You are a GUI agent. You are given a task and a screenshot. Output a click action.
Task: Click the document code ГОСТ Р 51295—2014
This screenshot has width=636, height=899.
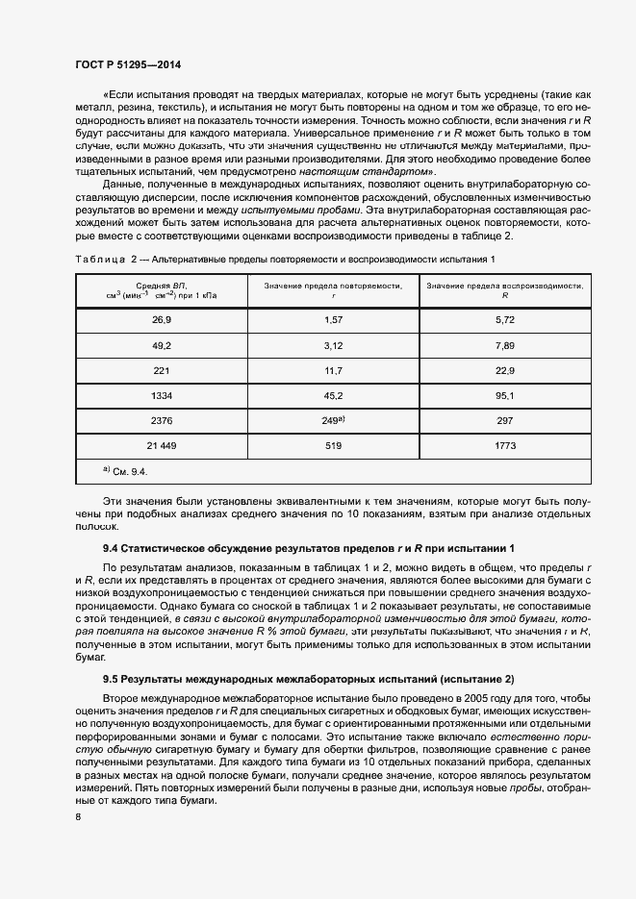(x=127, y=64)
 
